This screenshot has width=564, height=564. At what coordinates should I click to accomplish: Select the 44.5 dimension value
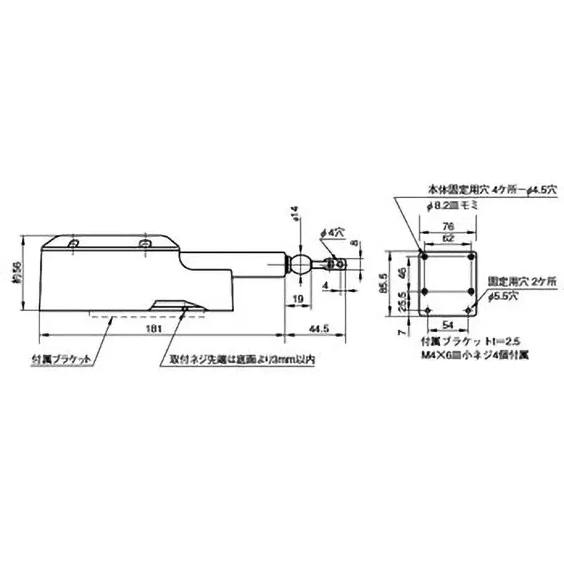(x=321, y=329)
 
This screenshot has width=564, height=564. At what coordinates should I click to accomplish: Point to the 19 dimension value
(x=299, y=299)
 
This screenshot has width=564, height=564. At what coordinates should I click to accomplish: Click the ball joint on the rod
(x=302, y=264)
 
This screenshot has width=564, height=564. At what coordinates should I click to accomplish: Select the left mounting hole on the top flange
(x=73, y=243)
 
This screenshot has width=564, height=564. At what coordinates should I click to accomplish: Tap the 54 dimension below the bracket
(x=447, y=323)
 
